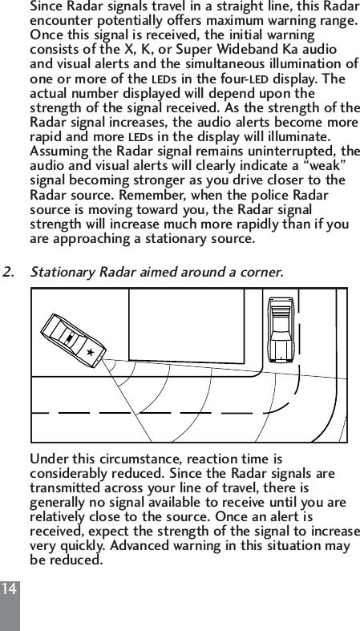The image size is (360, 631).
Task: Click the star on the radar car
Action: (91, 351)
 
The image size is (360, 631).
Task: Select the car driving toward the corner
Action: (281, 330)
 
